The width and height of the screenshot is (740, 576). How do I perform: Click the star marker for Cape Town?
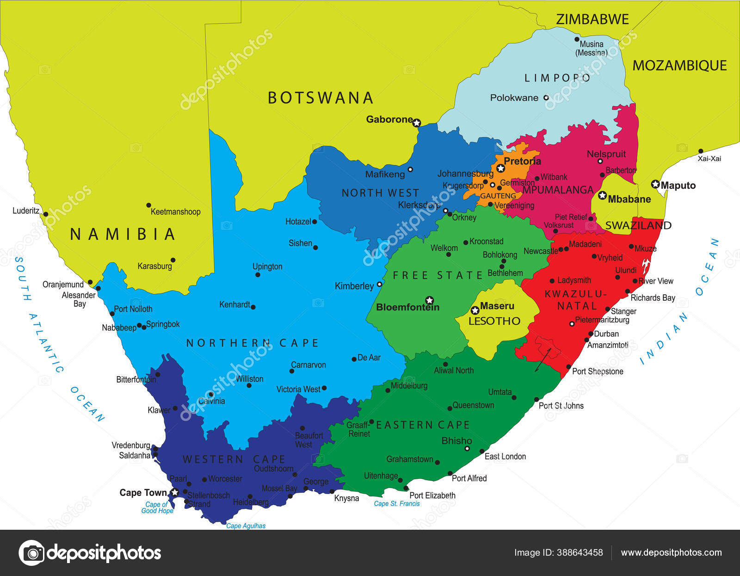[174, 493]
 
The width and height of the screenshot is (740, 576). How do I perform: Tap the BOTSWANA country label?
[321, 98]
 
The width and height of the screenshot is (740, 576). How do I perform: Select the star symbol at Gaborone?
[417, 123]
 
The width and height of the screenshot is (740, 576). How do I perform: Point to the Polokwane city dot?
[546, 98]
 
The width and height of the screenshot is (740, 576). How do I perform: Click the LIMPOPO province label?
[557, 78]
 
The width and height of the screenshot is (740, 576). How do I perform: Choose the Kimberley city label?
[354, 286]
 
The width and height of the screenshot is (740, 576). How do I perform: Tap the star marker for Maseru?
[475, 310]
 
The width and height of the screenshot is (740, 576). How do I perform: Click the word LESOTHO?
[494, 321]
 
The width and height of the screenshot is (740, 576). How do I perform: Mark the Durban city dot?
[591, 334]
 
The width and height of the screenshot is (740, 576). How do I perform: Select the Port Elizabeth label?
[432, 495]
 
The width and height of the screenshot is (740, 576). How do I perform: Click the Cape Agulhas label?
[246, 526]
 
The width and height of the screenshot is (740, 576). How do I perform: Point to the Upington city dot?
[258, 275]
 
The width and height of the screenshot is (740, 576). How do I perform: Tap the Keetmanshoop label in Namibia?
[175, 212]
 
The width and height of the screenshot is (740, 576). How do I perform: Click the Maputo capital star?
[655, 184]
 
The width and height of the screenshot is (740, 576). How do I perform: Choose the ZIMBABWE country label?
[592, 19]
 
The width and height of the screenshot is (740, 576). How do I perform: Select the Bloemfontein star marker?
[429, 300]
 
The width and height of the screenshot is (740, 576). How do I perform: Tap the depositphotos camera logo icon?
[31, 553]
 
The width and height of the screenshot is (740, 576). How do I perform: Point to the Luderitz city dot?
[46, 214]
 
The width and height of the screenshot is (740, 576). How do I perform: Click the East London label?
[505, 457]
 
